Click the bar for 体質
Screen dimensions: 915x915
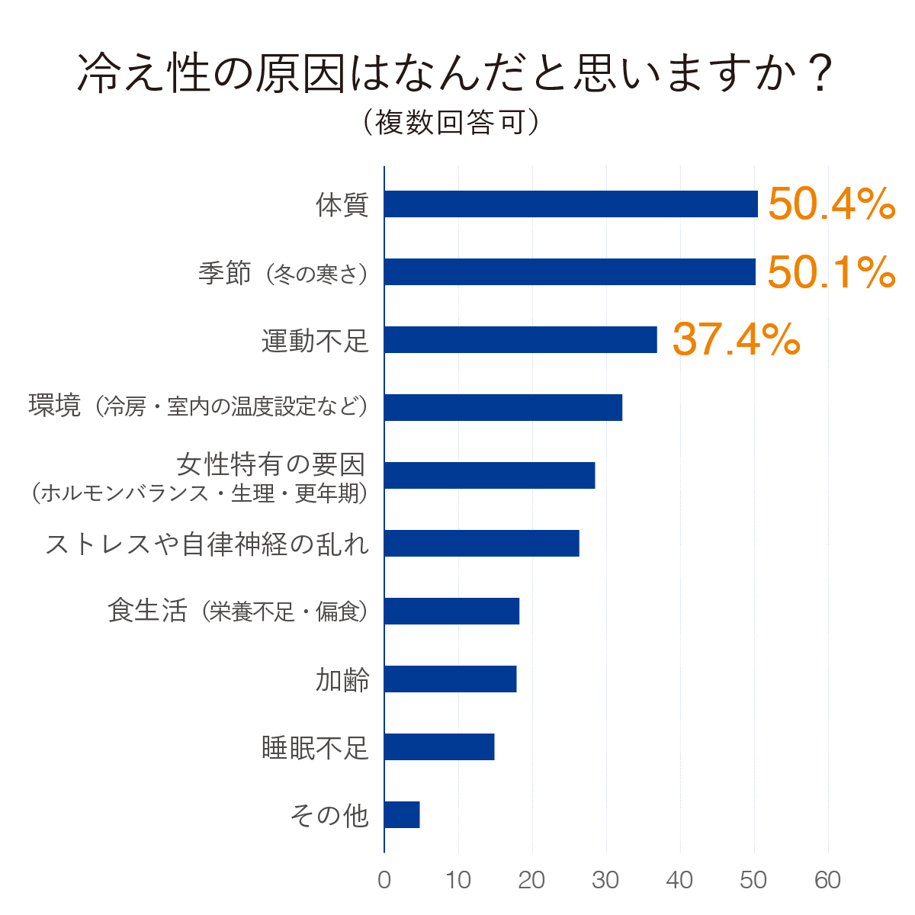[571, 204]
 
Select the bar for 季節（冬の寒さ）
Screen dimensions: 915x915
[570, 271]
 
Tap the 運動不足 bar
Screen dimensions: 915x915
[521, 339]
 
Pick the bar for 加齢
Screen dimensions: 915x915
[451, 679]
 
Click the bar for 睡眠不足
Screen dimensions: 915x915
[439, 747]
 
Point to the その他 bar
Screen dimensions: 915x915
[402, 815]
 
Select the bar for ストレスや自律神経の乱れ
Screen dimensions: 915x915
[482, 543]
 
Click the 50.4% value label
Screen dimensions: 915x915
[832, 204]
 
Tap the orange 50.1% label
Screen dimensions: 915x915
[832, 271]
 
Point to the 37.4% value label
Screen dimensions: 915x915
[737, 339]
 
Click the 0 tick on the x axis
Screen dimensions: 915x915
[384, 880]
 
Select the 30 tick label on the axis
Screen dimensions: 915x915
[605, 880]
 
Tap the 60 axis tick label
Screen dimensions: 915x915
[827, 880]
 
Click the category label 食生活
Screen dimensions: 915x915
[148, 610]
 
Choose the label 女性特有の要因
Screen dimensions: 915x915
[271, 464]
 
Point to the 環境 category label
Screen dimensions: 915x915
[55, 406]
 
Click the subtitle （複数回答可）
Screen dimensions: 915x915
[451, 122]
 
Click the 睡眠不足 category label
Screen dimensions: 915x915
[315, 748]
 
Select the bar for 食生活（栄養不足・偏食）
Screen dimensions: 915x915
[452, 611]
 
